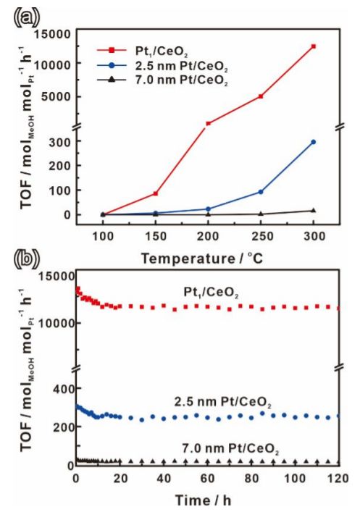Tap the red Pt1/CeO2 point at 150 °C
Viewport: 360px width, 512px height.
155,193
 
